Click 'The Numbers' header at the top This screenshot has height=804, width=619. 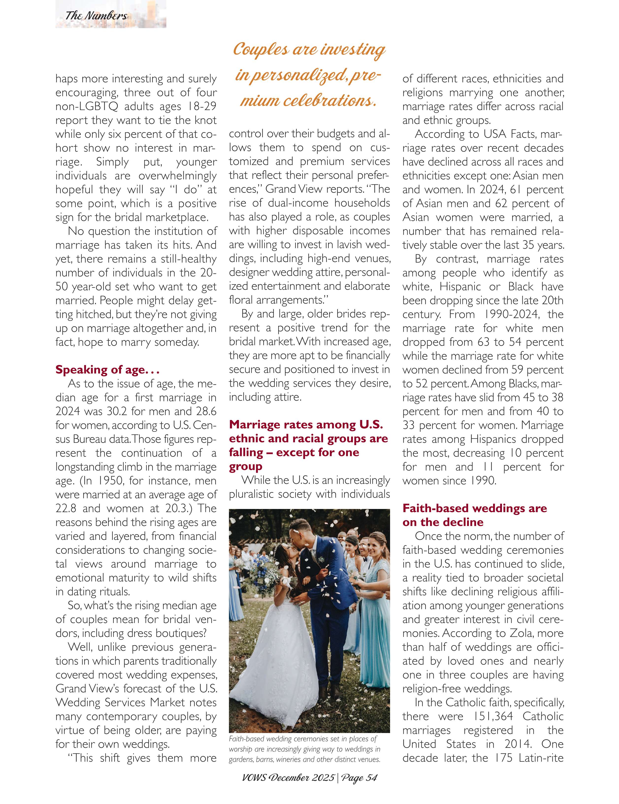tap(96, 16)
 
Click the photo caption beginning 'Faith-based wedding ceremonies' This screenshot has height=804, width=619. tap(304, 749)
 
